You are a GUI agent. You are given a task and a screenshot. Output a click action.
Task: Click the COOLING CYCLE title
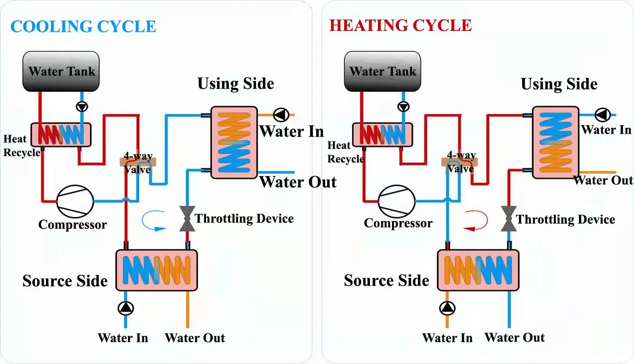pyautogui.click(x=83, y=26)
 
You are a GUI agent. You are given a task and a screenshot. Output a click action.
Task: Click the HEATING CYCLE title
pyautogui.click(x=400, y=25)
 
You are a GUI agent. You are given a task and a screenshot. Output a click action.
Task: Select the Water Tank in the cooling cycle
pyautogui.click(x=61, y=71)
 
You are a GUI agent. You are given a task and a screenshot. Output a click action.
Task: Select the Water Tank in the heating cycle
pyautogui.click(x=382, y=71)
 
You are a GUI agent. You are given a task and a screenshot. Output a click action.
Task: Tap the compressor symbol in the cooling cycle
pyautogui.click(x=75, y=201)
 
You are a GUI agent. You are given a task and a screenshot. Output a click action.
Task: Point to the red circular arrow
pyautogui.click(x=476, y=221)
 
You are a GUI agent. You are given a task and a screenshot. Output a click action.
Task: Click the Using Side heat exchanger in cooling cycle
pyautogui.click(x=234, y=142)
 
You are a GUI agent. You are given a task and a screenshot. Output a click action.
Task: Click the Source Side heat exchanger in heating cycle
pyautogui.click(x=478, y=270)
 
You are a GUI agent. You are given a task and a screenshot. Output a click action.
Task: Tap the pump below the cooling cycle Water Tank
pyautogui.click(x=82, y=107)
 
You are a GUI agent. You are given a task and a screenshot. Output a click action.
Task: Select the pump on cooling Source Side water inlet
pyautogui.click(x=126, y=308)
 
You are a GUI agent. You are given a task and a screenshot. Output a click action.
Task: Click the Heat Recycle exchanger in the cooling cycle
pyautogui.click(x=61, y=135)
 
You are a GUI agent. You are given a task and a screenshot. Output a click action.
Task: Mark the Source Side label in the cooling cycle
pyautogui.click(x=65, y=281)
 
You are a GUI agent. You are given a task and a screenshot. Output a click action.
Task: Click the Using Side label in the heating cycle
pyautogui.click(x=559, y=84)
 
